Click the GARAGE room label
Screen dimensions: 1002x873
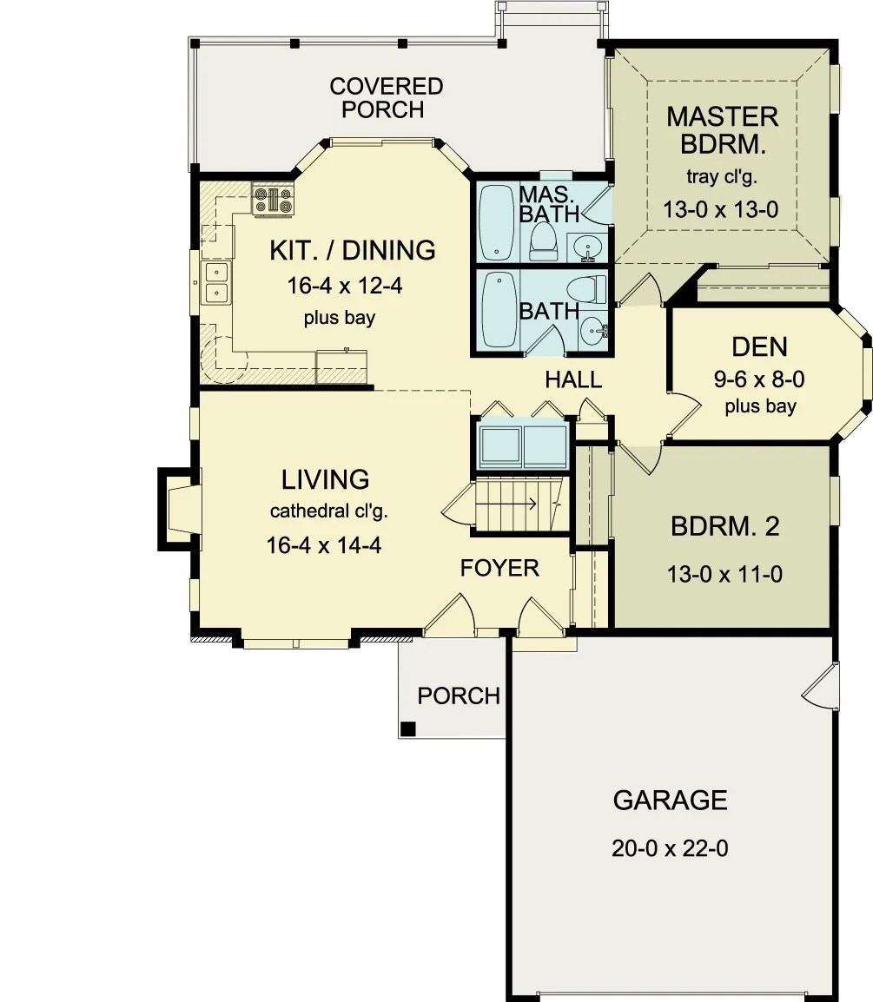pyautogui.click(x=670, y=800)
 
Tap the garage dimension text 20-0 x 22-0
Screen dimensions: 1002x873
pyautogui.click(x=670, y=848)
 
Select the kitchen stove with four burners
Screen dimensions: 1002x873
pyautogui.click(x=274, y=200)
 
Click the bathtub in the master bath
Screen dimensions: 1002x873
pyautogui.click(x=497, y=221)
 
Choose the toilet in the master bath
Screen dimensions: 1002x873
pyautogui.click(x=543, y=240)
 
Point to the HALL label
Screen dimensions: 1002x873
pyautogui.click(x=573, y=379)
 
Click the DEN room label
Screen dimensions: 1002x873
pyautogui.click(x=760, y=346)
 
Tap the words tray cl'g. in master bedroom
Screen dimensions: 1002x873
pyautogui.click(x=722, y=177)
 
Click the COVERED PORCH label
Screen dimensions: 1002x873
pyautogui.click(x=386, y=98)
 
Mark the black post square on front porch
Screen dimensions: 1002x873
pyautogui.click(x=408, y=728)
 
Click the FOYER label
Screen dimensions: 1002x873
pyautogui.click(x=499, y=568)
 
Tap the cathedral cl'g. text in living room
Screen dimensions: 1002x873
pyautogui.click(x=328, y=511)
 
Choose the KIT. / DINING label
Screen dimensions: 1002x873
pyautogui.click(x=352, y=250)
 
